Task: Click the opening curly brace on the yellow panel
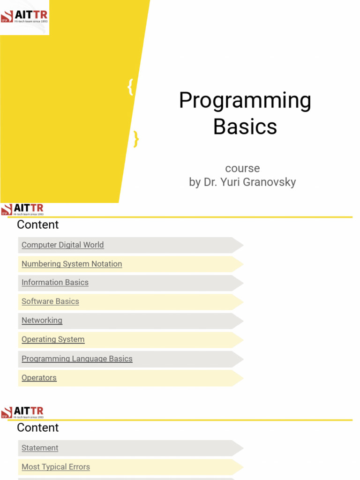[130, 88]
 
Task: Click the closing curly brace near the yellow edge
[136, 139]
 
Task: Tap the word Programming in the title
[245, 100]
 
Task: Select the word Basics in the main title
[245, 127]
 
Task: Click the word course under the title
[242, 168]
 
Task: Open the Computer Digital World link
[63, 245]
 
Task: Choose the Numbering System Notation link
[72, 264]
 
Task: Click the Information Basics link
[55, 282]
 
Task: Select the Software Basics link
[50, 301]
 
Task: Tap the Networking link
[42, 320]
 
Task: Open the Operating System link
[53, 339]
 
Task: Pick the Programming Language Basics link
[77, 359]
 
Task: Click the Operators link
[39, 378]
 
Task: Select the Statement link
[40, 448]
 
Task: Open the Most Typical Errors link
[55, 467]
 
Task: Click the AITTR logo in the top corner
[24, 17]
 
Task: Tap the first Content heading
[38, 225]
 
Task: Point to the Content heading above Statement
[38, 427]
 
